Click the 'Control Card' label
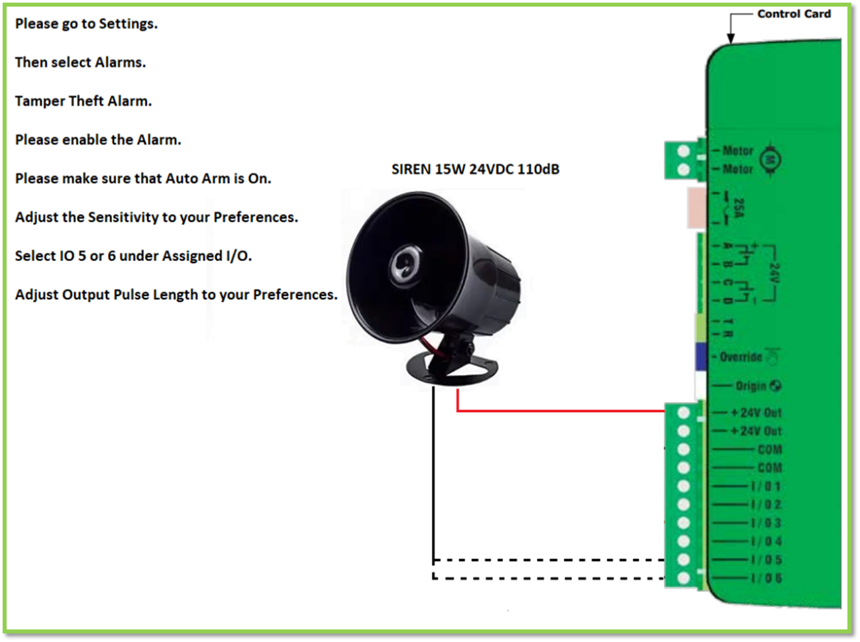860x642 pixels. (793, 14)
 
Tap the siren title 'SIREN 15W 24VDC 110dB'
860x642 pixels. (475, 170)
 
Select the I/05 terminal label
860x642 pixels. (766, 560)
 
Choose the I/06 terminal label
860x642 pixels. (766, 578)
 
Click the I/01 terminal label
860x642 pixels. (766, 486)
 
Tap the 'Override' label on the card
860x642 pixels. (741, 357)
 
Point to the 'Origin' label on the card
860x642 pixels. (750, 386)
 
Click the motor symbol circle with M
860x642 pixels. (770, 160)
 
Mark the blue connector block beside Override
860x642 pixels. (701, 356)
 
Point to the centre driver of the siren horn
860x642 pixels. (403, 262)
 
